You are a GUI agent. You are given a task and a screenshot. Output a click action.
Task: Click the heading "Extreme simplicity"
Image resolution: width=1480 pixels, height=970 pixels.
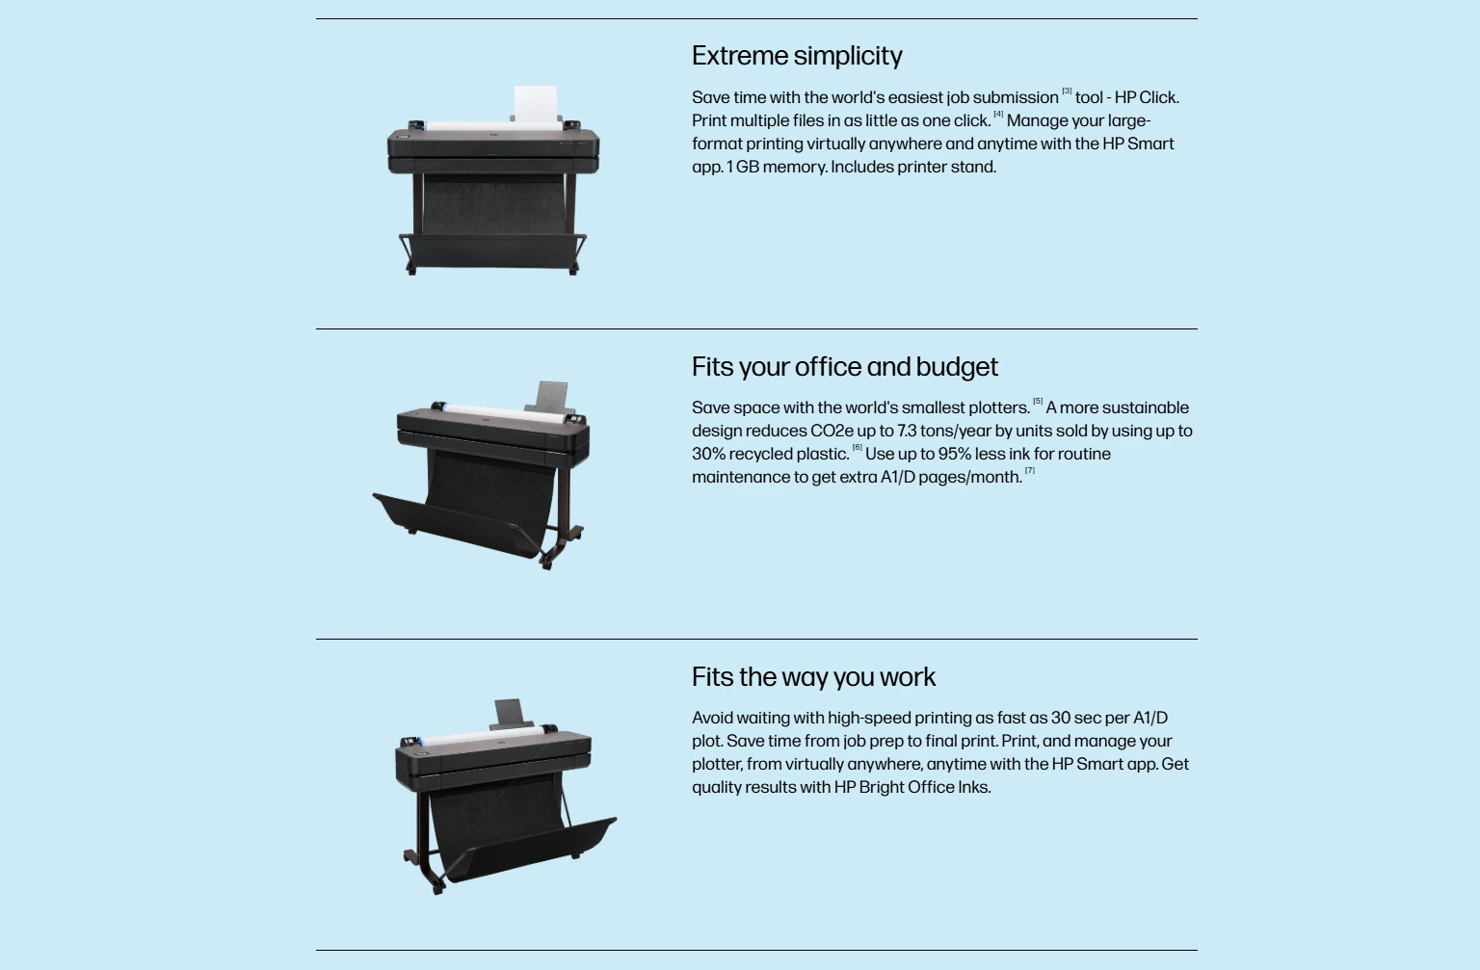click(797, 56)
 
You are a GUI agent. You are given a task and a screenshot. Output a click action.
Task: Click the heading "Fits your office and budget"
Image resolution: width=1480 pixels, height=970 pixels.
click(845, 367)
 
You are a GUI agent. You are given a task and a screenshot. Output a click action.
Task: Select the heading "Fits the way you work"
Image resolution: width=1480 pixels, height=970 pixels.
click(813, 677)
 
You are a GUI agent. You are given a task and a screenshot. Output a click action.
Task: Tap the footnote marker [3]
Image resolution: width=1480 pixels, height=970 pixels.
click(1067, 92)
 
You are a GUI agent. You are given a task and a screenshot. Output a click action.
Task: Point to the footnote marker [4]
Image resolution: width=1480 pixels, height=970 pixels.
click(998, 115)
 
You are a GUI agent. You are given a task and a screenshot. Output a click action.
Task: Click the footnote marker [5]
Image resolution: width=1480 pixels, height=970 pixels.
click(1038, 401)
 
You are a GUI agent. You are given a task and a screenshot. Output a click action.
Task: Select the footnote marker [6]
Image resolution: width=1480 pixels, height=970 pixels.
click(857, 447)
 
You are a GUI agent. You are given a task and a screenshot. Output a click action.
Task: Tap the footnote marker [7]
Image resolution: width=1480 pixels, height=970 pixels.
click(1029, 470)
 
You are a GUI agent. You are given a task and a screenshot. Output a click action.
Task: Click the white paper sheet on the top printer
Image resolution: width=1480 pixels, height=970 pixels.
click(536, 103)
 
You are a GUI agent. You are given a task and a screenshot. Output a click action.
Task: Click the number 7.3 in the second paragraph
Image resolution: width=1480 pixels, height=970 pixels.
click(907, 432)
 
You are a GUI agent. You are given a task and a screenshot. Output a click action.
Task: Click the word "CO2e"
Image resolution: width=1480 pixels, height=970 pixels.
click(832, 432)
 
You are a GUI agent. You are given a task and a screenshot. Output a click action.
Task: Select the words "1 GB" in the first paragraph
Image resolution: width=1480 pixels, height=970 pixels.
click(743, 167)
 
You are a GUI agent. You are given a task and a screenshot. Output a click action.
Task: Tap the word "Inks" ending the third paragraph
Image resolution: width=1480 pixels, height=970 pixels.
click(974, 787)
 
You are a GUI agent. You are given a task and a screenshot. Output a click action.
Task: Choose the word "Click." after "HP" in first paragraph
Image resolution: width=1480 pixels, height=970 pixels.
click(1159, 97)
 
